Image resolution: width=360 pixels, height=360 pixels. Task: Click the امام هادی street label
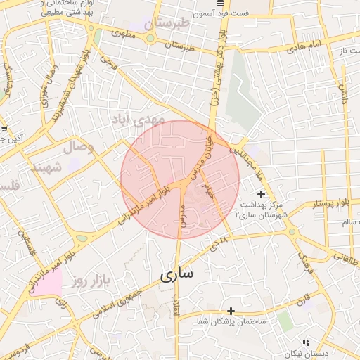304,46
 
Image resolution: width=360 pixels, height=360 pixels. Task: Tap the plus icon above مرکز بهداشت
261,193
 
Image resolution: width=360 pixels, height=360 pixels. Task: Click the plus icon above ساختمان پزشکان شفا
231,310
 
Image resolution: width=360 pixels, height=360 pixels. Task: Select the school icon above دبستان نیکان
305,342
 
